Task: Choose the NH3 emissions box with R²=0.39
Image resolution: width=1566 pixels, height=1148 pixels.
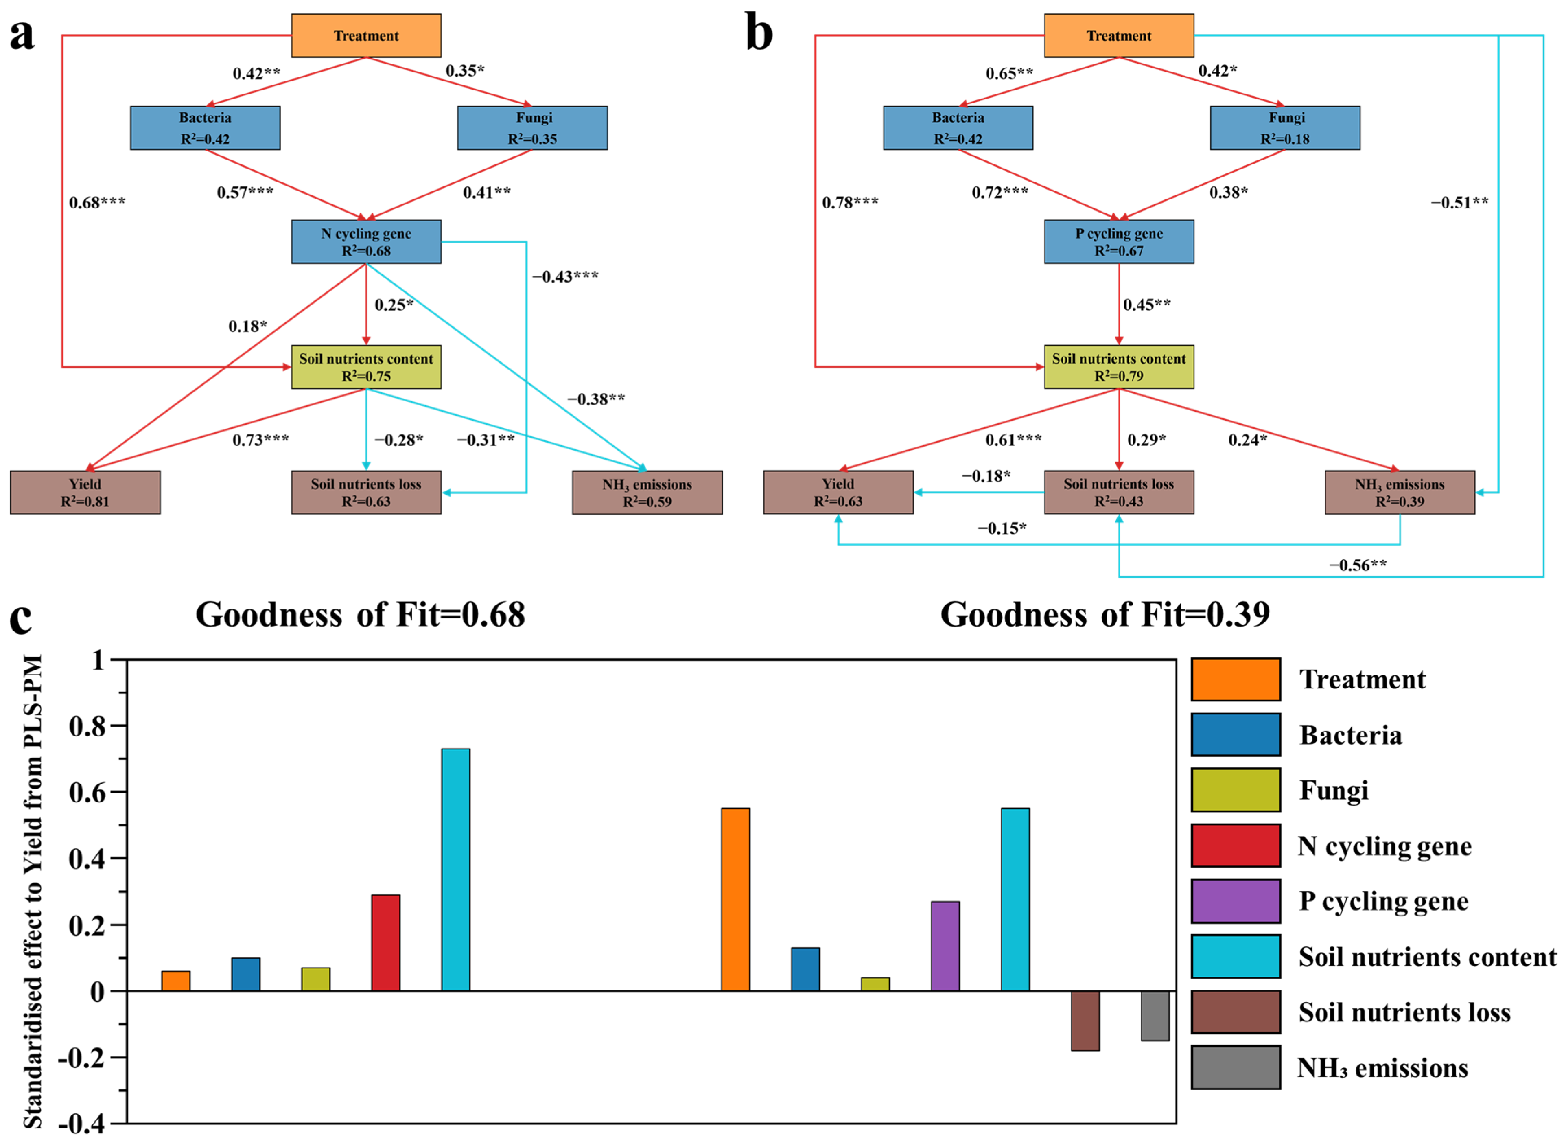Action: tap(1399, 492)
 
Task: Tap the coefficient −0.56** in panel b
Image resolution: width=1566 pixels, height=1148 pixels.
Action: tap(1357, 565)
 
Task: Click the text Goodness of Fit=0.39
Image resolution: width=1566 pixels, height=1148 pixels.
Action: tap(1104, 614)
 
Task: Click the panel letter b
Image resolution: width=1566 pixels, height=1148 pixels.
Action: tap(758, 33)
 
